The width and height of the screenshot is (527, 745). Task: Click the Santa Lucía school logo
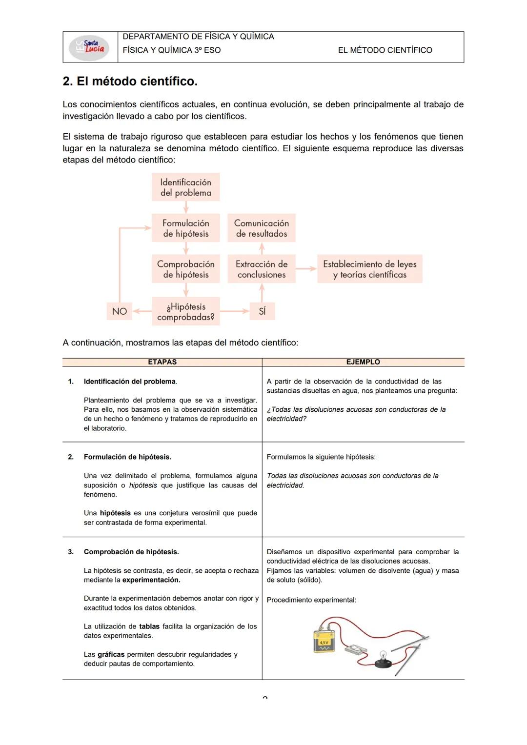(x=90, y=47)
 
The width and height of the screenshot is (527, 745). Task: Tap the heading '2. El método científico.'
(x=130, y=81)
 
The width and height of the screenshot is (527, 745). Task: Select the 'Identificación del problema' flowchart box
(x=185, y=187)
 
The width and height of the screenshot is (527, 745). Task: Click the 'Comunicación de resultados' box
(x=262, y=228)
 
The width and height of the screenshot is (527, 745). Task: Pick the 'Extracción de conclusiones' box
(x=262, y=269)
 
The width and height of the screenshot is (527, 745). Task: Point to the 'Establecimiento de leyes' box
(x=369, y=269)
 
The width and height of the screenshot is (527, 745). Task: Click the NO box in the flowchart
(x=120, y=311)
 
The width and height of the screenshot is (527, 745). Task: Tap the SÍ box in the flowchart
(x=262, y=311)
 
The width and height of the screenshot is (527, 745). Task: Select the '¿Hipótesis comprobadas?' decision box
(x=185, y=312)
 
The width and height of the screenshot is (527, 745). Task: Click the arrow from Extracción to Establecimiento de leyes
(x=306, y=269)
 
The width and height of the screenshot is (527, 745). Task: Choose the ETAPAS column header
(x=162, y=362)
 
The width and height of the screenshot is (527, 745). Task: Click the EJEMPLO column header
(x=363, y=362)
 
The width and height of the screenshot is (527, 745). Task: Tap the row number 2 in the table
(x=71, y=457)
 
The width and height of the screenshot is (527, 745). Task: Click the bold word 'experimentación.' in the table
(x=151, y=580)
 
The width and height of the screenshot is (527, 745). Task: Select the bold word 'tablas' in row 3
(x=149, y=626)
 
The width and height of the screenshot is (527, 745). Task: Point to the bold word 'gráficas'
(x=111, y=655)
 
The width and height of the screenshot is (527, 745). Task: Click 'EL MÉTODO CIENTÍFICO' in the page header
(x=385, y=50)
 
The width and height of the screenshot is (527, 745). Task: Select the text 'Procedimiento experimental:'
(x=311, y=600)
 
